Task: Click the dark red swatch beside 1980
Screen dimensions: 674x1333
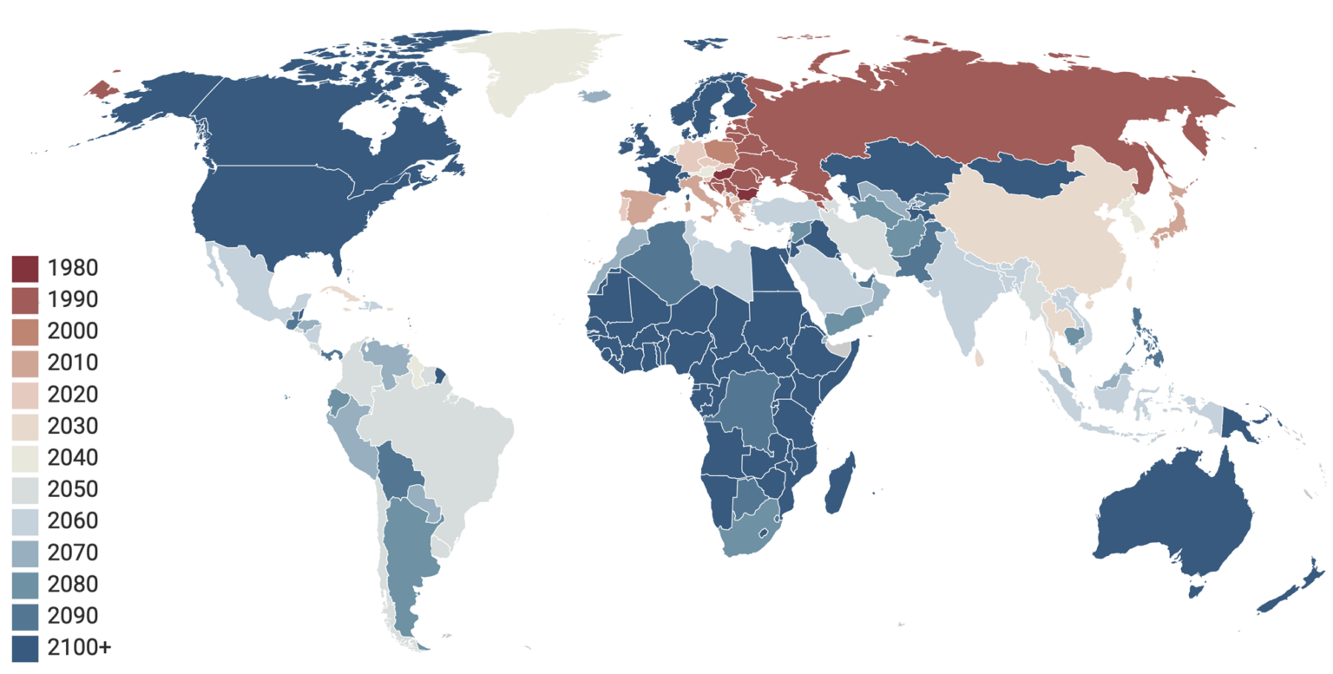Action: point(25,268)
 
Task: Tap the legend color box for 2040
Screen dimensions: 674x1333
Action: point(25,458)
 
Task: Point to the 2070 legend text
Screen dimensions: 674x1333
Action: point(74,553)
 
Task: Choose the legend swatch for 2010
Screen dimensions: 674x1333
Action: point(25,363)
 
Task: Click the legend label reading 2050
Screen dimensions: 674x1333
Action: point(74,489)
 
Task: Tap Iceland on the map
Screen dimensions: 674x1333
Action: point(594,96)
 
